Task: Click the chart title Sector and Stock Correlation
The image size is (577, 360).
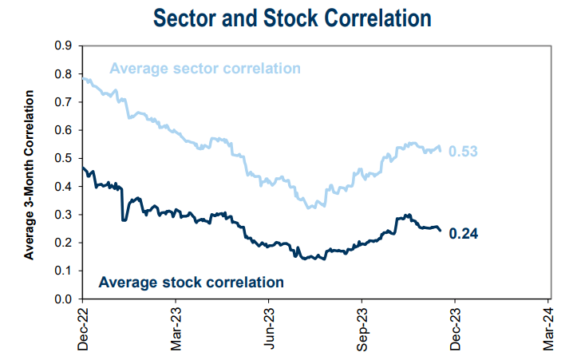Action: coord(289,18)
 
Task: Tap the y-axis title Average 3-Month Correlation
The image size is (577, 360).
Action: coord(30,175)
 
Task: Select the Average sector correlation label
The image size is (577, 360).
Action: coord(205,68)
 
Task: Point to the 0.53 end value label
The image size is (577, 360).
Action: coord(462,152)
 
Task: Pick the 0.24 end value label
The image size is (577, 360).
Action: coord(462,233)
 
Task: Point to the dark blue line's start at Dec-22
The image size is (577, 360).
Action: coord(83,168)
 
